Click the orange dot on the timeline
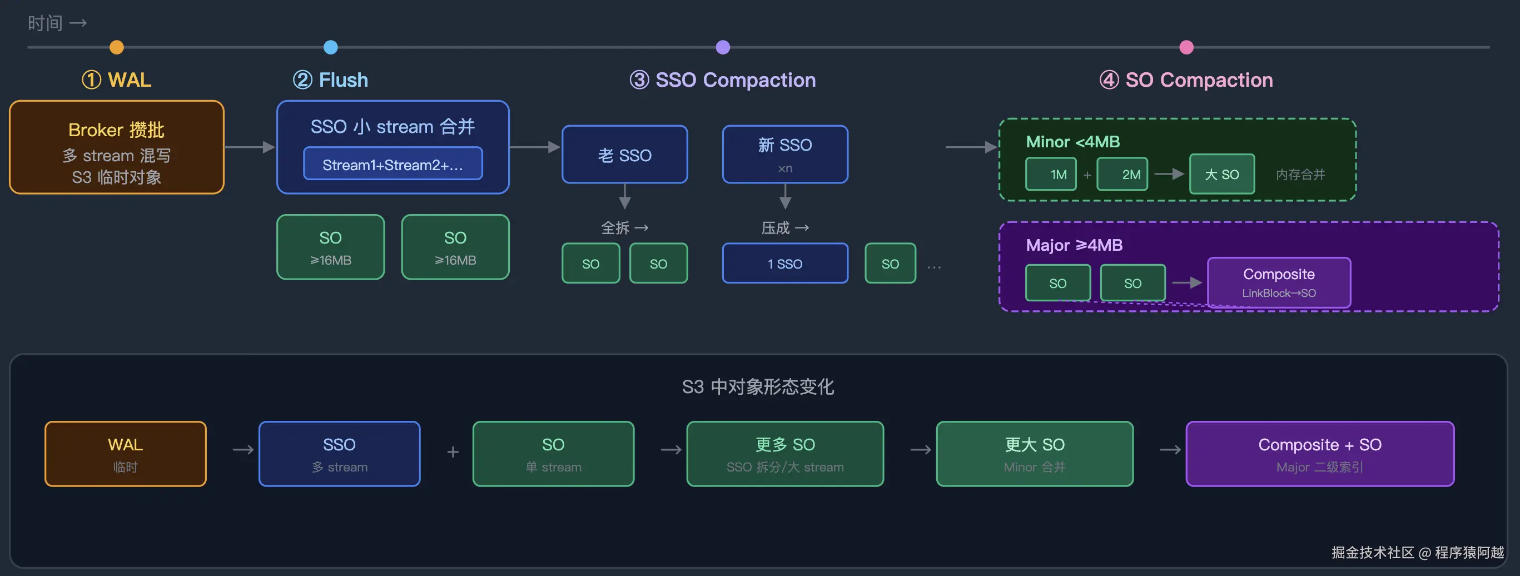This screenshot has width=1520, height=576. [x=117, y=47]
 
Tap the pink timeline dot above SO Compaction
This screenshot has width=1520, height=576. [x=1186, y=47]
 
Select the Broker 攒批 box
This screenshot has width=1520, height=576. [x=117, y=147]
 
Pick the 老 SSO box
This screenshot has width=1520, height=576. [x=625, y=155]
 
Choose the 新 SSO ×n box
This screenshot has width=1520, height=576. [x=785, y=155]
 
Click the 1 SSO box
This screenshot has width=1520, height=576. [x=785, y=263]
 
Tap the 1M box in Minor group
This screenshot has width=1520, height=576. [x=1051, y=174]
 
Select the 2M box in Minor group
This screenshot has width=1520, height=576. [x=1122, y=174]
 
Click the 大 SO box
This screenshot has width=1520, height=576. [x=1222, y=174]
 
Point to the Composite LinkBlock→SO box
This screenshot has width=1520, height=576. [x=1279, y=282]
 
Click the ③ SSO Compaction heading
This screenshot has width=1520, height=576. [x=723, y=80]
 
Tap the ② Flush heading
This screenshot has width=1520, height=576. [x=330, y=80]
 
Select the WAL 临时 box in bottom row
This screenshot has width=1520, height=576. [x=126, y=454]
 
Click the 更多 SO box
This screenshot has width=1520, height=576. [x=785, y=454]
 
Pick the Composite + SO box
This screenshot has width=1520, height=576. [x=1320, y=454]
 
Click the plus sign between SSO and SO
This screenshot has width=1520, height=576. [x=453, y=452]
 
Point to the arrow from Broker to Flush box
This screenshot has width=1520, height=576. [x=250, y=147]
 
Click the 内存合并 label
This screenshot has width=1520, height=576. [x=1300, y=175]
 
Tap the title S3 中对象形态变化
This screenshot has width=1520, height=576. [x=758, y=387]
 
